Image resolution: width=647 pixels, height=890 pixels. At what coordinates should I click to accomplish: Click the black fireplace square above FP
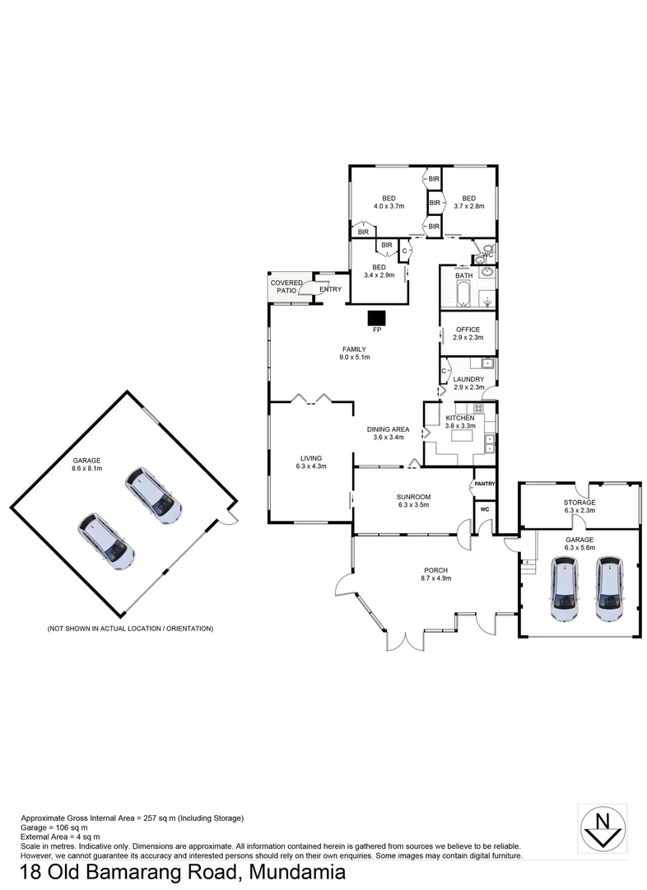tap(377, 317)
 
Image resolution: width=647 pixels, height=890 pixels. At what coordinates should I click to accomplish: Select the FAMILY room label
tap(354, 349)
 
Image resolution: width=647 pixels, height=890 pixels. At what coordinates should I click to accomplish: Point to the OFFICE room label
tap(468, 330)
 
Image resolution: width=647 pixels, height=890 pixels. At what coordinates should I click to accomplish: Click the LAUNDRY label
tap(468, 379)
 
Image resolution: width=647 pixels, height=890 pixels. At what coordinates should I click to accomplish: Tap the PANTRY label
tap(485, 485)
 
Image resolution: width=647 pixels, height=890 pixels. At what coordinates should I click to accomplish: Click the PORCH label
tap(435, 569)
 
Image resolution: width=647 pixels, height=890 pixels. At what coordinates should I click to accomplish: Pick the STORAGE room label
tap(579, 502)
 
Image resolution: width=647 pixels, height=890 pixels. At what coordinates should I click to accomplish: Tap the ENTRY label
tap(330, 289)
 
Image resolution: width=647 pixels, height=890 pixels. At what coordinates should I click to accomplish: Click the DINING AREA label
tap(388, 429)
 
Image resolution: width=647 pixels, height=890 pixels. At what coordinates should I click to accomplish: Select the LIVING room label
tap(310, 458)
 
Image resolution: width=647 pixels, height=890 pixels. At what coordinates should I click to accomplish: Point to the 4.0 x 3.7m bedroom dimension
tap(389, 206)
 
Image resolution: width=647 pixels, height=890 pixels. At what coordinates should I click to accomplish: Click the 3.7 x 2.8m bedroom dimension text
tap(468, 206)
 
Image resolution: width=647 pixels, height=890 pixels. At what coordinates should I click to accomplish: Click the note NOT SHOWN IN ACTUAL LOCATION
tap(130, 629)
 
